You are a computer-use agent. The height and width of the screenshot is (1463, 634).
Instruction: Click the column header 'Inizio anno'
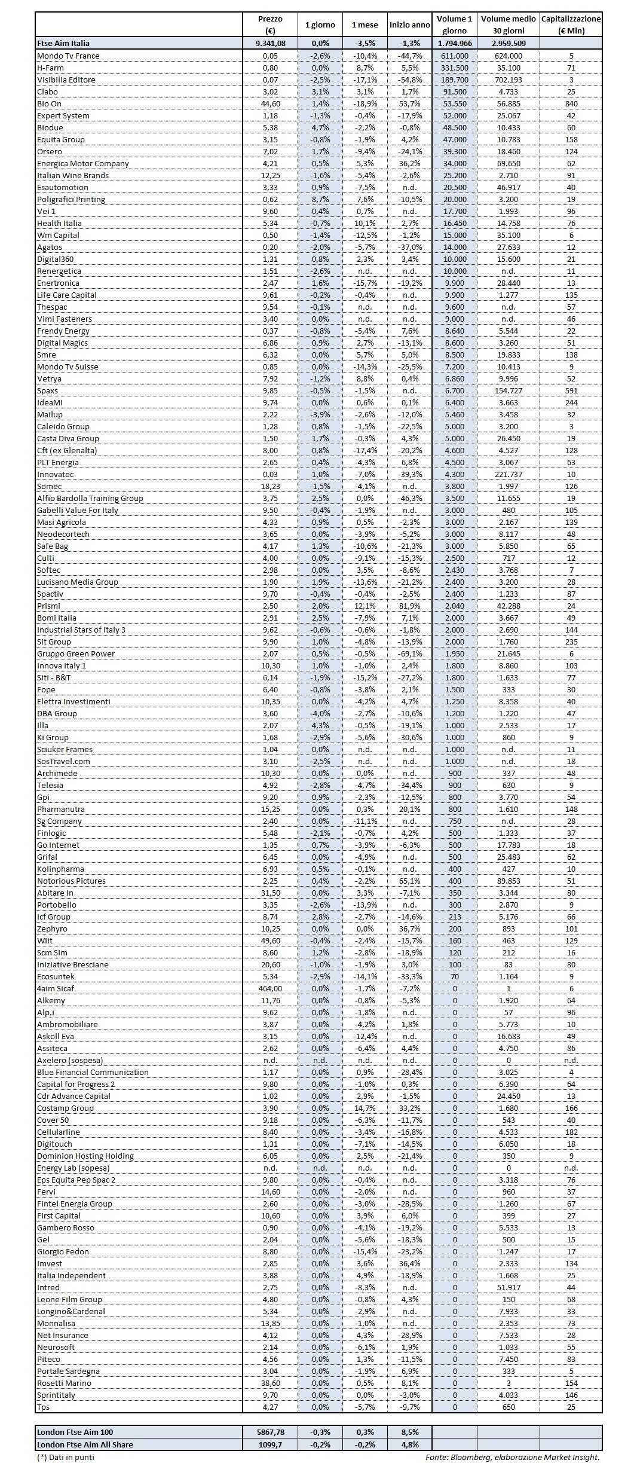pos(409,25)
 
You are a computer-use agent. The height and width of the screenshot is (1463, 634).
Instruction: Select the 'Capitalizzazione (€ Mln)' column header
pos(571,25)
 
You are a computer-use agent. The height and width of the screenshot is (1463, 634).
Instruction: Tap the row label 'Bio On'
pos(50,103)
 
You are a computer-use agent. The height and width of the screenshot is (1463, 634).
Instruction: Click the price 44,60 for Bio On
pos(270,103)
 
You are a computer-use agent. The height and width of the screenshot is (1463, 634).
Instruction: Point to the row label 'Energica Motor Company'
pos(83,163)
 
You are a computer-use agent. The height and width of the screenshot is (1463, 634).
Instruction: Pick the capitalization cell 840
pos(571,103)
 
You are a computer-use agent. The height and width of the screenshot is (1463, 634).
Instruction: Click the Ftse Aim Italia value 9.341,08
pos(270,43)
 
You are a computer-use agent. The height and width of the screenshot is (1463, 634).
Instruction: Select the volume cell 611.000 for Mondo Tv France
pos(454,56)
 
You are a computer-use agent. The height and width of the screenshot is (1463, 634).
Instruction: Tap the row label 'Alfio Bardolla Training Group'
pos(90,498)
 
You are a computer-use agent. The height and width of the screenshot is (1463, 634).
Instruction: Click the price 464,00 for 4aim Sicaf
pos(270,988)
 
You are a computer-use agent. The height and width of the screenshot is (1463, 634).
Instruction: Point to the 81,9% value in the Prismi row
pos(409,606)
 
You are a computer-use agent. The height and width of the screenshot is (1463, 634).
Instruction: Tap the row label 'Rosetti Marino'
pos(65,1383)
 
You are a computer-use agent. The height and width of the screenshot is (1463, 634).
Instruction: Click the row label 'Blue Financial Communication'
pos(93,1072)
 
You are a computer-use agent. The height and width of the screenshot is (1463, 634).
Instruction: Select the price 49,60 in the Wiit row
pos(270,940)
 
